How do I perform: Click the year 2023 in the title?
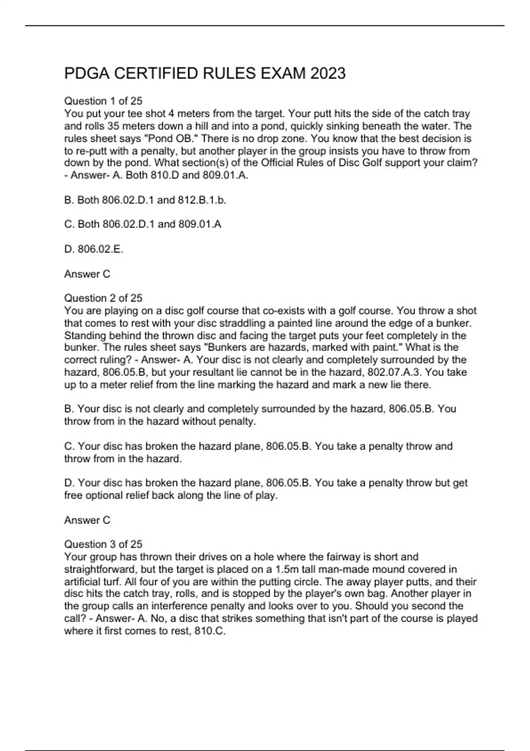(328, 73)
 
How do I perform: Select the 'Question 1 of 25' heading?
(103, 101)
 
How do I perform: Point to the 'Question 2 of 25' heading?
(103, 298)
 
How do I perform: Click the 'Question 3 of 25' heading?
(103, 544)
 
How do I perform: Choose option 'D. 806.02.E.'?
(94, 249)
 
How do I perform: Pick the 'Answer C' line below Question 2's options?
(87, 520)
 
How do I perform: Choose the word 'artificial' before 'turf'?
(80, 582)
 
